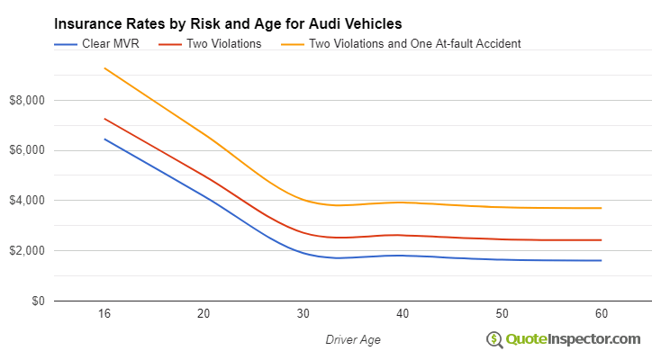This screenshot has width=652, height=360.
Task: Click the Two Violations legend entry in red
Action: [223, 43]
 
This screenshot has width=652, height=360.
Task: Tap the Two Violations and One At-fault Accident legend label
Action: [414, 43]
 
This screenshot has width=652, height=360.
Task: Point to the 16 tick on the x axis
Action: [104, 314]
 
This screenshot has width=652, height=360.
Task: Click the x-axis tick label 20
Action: [204, 314]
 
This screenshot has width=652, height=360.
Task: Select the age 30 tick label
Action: [303, 314]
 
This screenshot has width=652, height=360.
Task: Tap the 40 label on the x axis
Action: [403, 314]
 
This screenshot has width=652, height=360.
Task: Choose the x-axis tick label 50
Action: [503, 314]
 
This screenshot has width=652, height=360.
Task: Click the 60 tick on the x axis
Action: [602, 314]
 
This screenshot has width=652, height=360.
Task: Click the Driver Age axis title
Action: [353, 339]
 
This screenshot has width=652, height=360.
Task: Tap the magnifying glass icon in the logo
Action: [494, 339]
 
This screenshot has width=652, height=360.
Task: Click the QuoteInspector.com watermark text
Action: [573, 338]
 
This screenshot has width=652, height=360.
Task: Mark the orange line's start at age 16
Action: [104, 67]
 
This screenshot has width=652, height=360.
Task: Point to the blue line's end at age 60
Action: [602, 261]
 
